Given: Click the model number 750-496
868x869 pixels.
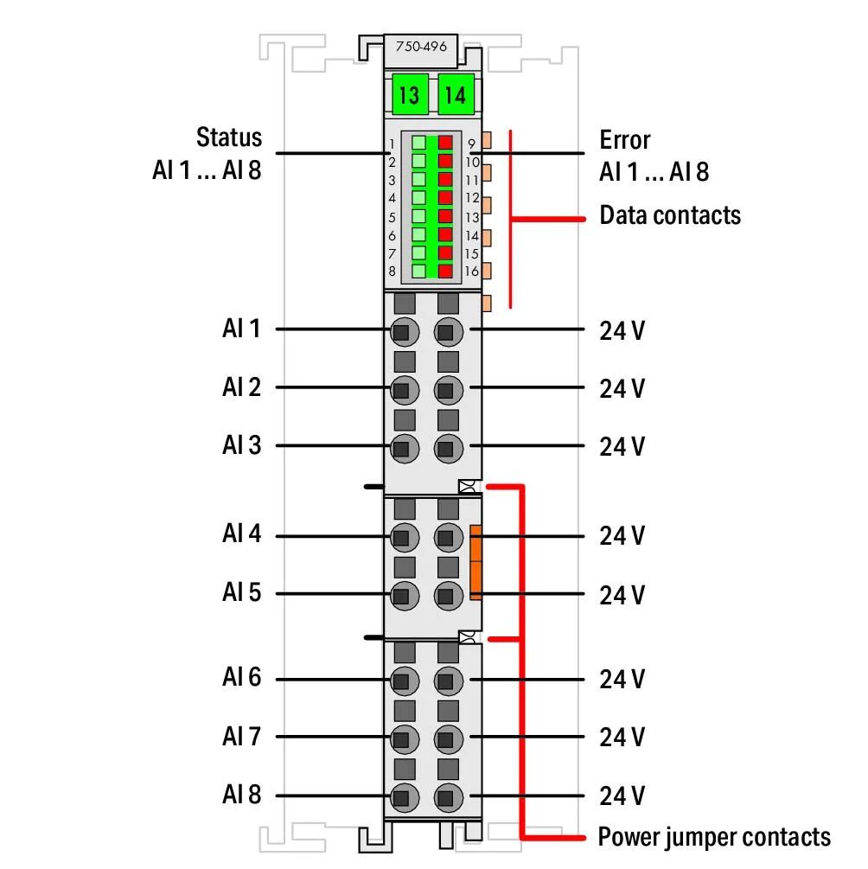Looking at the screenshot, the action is (421, 47).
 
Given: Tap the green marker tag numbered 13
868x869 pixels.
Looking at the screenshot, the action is (410, 94).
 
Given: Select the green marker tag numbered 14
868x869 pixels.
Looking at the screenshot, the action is (456, 94).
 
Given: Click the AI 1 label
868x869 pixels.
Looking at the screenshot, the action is (241, 328).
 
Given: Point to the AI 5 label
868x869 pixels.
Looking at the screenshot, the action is (241, 592).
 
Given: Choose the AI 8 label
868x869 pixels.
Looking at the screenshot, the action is (241, 794).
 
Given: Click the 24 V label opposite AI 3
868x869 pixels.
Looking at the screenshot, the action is (622, 447).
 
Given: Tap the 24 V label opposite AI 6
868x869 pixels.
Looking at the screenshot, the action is (622, 680).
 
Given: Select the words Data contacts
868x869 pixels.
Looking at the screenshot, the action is (669, 215).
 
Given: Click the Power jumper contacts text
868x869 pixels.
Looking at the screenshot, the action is (714, 837).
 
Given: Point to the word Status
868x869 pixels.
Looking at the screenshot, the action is (229, 137).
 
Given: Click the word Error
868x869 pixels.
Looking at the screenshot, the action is (625, 140).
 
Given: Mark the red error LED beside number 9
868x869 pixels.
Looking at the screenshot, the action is (445, 143).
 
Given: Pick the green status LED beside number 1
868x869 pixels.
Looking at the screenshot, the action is (419, 143).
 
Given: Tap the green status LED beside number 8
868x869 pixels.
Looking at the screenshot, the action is (419, 271).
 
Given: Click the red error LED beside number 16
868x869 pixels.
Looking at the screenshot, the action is (445, 271).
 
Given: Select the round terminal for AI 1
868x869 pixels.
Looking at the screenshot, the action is (405, 332).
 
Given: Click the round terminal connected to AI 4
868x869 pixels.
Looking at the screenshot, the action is (405, 538).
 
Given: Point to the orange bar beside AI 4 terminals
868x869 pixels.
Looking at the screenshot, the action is (475, 562).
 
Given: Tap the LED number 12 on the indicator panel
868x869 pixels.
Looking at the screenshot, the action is (472, 198).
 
